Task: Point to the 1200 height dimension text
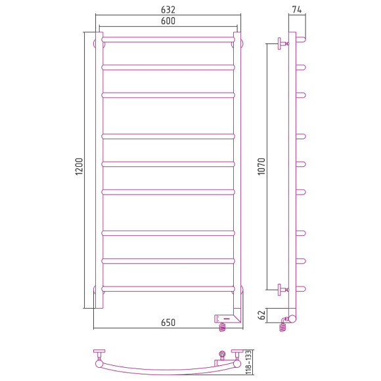[79, 169]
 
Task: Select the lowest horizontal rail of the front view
[168, 288]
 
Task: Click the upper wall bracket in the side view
[282, 43]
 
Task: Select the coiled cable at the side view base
[284, 324]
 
